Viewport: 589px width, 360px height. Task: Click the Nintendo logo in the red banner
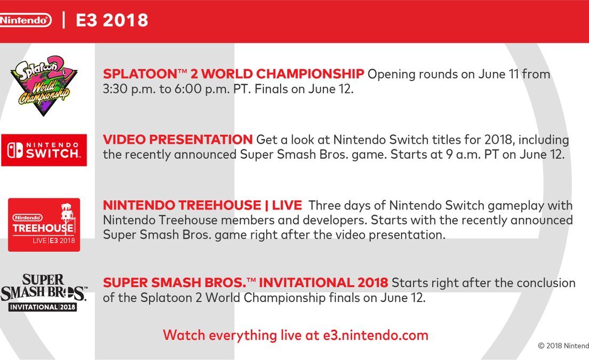[25, 20]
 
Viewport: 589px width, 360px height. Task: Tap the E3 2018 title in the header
[112, 20]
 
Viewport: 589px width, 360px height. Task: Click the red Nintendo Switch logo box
[44, 150]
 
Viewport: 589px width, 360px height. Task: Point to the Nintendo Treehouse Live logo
[44, 225]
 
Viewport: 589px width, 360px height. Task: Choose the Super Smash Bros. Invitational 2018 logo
[44, 292]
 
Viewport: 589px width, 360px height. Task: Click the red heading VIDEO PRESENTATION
[178, 140]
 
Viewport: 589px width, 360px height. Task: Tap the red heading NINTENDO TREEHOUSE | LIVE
[203, 205]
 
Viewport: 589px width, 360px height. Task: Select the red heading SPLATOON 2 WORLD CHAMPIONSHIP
[233, 74]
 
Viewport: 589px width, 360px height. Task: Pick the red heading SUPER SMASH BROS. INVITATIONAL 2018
[245, 282]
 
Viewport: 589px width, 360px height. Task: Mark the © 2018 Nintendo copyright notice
[563, 346]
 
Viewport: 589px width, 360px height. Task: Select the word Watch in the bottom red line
[184, 335]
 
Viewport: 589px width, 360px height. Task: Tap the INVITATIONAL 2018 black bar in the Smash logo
[43, 307]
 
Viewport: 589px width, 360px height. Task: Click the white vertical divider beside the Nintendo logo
[63, 20]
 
